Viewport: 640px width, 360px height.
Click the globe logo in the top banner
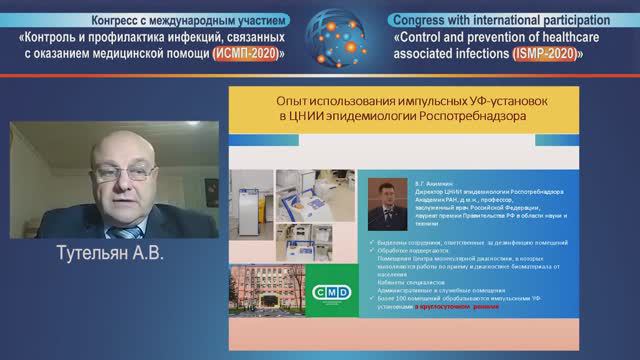tap(321, 35)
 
